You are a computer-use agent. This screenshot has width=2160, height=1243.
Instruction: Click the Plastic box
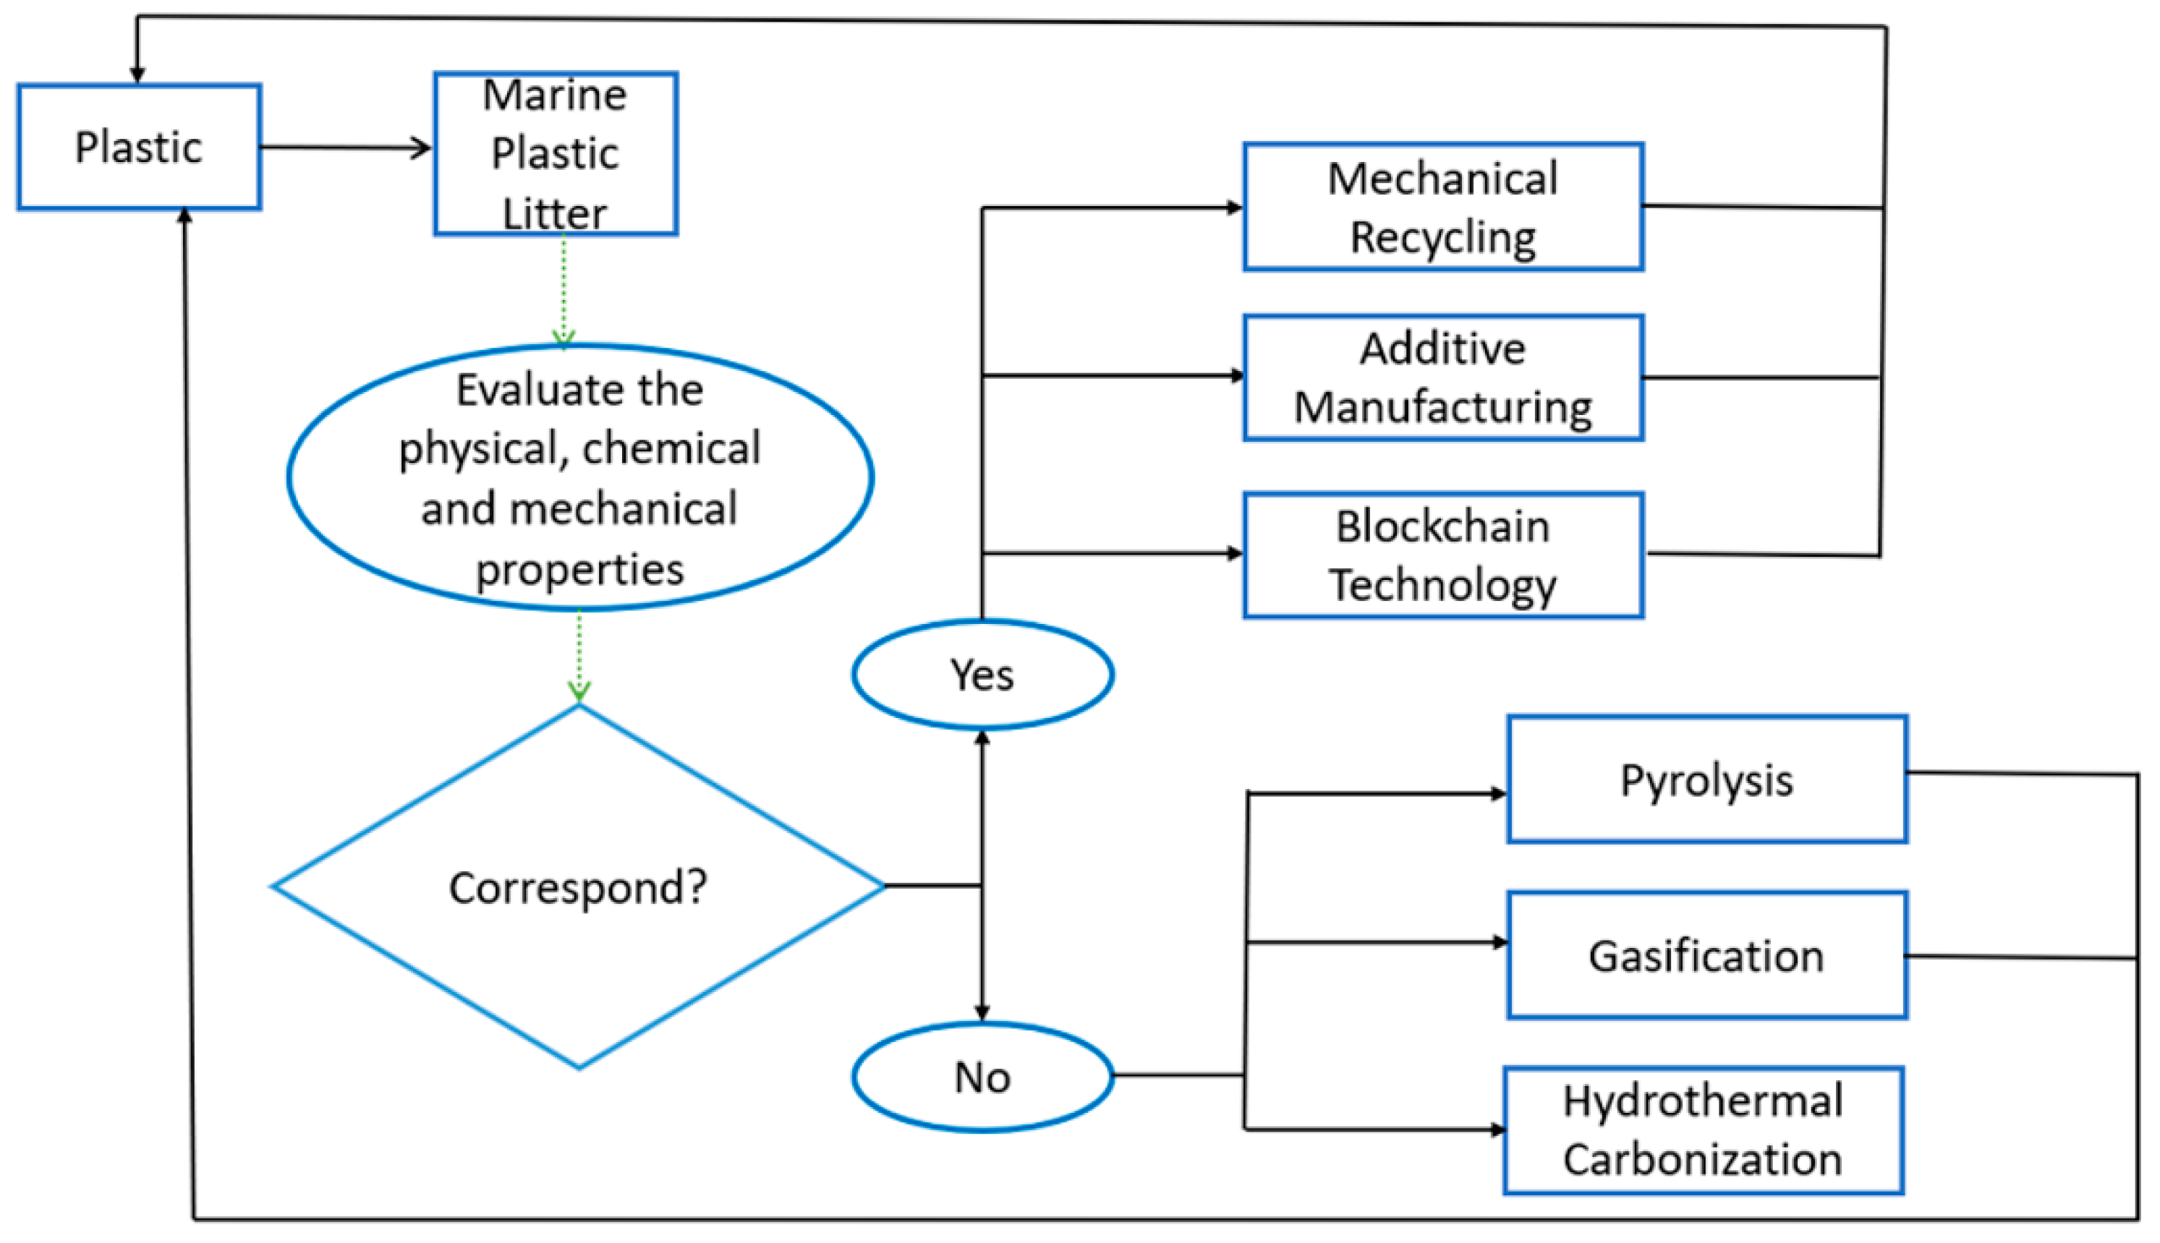tap(138, 147)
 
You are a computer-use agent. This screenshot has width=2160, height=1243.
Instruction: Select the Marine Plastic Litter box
tap(555, 154)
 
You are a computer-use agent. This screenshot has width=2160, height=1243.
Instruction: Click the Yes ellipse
tap(982, 675)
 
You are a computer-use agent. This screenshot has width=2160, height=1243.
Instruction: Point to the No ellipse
tap(982, 1077)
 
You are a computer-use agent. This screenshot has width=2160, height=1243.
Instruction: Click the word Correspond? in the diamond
tap(578, 887)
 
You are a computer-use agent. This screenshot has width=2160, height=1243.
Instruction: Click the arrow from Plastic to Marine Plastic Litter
tap(346, 148)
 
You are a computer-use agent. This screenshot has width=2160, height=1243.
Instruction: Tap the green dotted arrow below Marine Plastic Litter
tap(564, 290)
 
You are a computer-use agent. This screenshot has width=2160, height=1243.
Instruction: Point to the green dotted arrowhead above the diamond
tap(579, 691)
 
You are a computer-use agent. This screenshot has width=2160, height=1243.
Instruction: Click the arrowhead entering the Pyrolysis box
tap(1498, 794)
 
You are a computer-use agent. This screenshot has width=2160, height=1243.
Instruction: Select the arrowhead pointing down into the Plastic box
tap(137, 74)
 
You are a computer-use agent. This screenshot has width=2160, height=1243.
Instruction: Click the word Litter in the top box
tap(555, 213)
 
